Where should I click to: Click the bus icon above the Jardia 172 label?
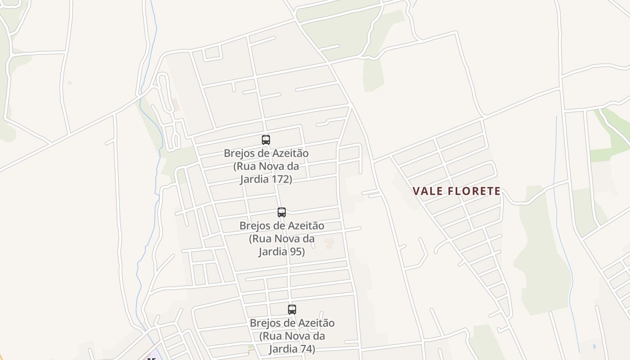tap(266, 139)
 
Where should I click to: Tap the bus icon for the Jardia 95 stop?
tap(282, 212)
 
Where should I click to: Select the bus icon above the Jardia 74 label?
tap(292, 309)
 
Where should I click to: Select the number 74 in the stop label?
tap(308, 349)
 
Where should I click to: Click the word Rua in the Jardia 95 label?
tap(260, 238)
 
